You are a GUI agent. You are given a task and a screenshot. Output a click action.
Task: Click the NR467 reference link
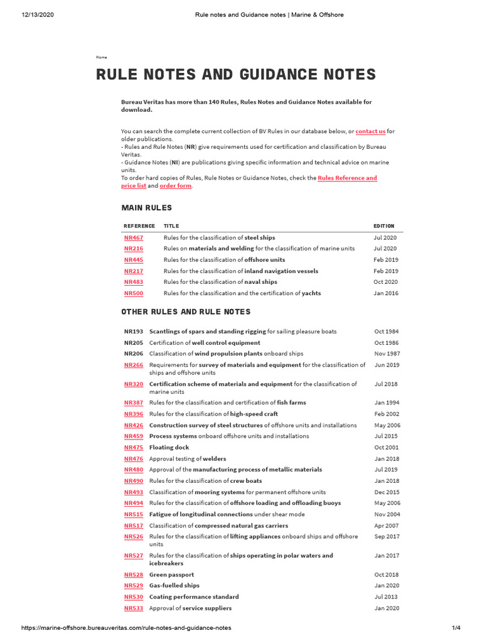[133, 238]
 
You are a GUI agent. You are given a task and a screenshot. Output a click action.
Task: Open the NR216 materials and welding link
[133, 249]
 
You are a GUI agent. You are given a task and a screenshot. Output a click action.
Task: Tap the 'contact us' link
[370, 131]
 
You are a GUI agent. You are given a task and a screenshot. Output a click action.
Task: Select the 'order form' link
[175, 186]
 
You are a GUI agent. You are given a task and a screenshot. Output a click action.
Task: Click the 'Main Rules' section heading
[146, 208]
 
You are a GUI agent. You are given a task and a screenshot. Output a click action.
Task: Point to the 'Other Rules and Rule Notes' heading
[186, 312]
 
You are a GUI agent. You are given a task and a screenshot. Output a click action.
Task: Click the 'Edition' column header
[383, 226]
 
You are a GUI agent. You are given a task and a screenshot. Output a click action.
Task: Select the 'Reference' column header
[139, 226]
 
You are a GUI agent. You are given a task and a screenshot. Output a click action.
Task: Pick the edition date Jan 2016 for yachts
[385, 293]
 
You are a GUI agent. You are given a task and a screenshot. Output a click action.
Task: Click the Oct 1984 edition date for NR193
[387, 332]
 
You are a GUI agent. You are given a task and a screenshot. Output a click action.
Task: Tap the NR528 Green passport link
[133, 575]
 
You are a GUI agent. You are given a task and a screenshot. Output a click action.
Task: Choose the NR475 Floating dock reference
[133, 448]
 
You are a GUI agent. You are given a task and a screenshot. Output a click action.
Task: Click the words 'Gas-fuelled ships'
[174, 586]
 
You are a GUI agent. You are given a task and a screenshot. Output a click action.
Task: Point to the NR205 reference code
[133, 343]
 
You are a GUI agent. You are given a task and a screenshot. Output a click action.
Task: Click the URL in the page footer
[126, 628]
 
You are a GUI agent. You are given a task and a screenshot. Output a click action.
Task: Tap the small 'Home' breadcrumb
[101, 57]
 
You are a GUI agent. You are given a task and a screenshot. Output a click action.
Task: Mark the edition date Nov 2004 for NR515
[387, 514]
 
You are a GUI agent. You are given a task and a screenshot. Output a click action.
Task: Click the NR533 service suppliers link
[133, 608]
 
